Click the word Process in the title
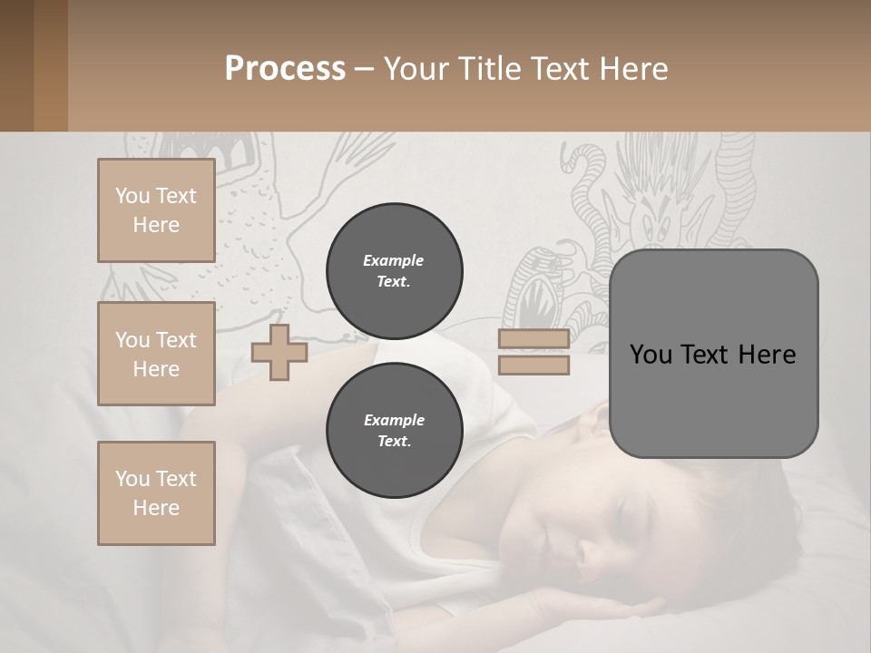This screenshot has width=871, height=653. (285, 69)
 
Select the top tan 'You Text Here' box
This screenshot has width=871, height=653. (156, 210)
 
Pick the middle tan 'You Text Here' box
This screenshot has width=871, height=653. (156, 354)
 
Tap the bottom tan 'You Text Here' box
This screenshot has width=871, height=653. (156, 493)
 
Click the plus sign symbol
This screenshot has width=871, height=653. (279, 352)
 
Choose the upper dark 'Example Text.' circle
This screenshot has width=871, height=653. (394, 271)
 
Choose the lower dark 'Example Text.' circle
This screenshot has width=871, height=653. (394, 431)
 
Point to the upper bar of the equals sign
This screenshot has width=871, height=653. (533, 339)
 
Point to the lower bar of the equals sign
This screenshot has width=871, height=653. (533, 365)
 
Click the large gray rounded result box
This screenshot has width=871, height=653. (713, 354)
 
